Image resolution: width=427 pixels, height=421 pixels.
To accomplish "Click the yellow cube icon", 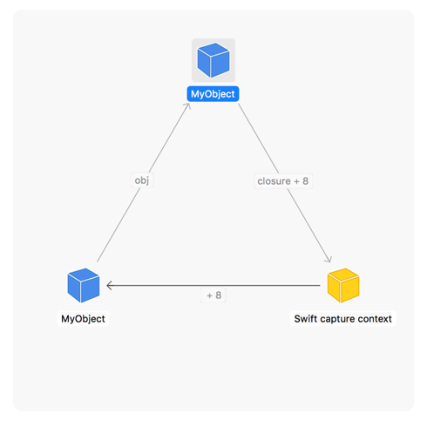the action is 343,285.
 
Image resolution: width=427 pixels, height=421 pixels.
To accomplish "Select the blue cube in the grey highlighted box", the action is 213,60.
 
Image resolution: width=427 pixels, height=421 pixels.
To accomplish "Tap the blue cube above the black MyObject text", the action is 84,285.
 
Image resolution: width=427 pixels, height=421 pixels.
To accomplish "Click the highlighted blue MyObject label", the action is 213,94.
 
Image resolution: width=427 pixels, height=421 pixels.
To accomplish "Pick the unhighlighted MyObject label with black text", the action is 83,319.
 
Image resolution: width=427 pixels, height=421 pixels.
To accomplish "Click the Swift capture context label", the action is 343,319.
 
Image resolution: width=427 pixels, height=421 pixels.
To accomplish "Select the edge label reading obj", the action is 142,180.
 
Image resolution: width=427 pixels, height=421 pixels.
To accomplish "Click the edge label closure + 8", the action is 283,181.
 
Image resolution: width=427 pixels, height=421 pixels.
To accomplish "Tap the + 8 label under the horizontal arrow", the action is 213,295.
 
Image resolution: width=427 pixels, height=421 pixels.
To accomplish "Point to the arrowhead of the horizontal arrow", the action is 107,286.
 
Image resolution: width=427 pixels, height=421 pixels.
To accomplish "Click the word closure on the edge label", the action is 274,181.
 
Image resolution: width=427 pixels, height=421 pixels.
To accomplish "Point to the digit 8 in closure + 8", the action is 305,181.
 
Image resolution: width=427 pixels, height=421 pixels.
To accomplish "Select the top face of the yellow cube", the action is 343,275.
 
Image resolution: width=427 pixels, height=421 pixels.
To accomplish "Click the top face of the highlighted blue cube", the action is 213,50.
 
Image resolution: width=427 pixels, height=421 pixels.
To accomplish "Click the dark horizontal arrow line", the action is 213,286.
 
